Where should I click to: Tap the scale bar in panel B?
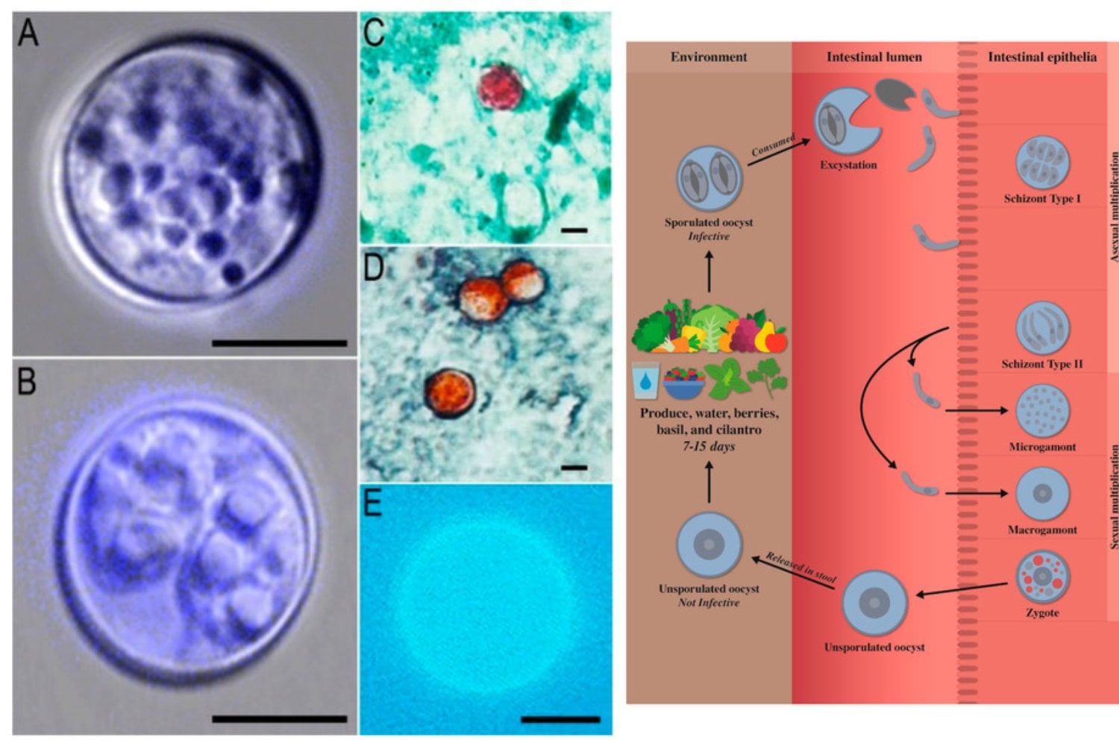tap(279, 719)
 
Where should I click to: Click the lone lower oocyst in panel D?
tap(450, 393)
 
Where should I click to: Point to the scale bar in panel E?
tap(560, 720)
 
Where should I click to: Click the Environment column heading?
tap(709, 57)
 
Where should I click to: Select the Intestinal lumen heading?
tap(874, 57)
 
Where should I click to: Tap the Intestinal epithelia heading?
tap(1043, 57)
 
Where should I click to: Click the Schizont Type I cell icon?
tap(1043, 163)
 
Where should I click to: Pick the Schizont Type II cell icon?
tap(1043, 327)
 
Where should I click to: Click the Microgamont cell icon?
tap(1043, 411)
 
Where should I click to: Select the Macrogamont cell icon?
tap(1043, 494)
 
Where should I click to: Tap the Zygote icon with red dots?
tap(1043, 577)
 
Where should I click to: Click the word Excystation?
tap(848, 165)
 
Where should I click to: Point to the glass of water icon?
tap(645, 380)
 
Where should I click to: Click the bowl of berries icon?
tap(683, 383)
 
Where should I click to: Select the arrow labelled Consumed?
tap(779, 152)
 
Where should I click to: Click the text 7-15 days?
tap(709, 446)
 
